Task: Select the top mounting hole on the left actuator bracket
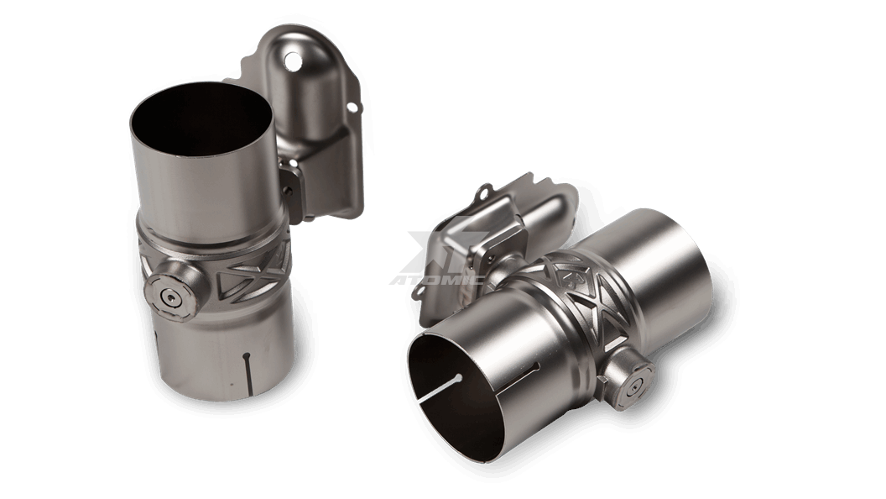[292, 60]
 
